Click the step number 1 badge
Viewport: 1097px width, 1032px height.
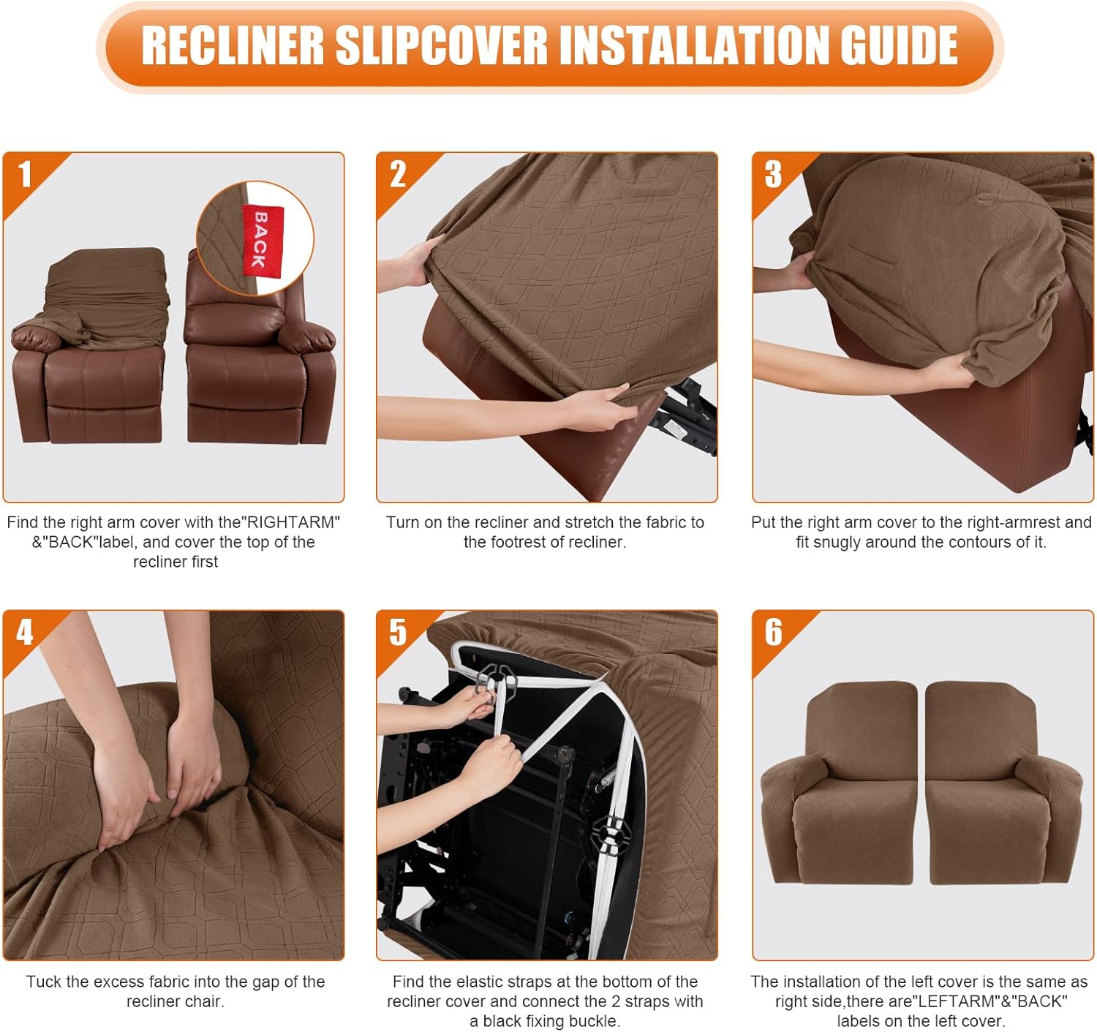click(25, 175)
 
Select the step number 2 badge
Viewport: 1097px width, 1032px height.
click(398, 175)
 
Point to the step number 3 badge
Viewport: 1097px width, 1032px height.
click(773, 175)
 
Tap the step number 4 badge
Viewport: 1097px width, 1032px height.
click(25, 633)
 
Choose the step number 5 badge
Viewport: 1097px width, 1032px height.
click(398, 633)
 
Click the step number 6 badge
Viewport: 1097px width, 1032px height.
click(773, 633)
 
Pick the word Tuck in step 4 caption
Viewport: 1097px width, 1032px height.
click(43, 982)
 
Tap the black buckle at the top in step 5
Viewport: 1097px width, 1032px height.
click(497, 680)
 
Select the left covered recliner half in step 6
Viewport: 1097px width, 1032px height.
click(841, 790)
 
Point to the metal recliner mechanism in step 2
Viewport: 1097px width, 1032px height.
click(687, 417)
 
